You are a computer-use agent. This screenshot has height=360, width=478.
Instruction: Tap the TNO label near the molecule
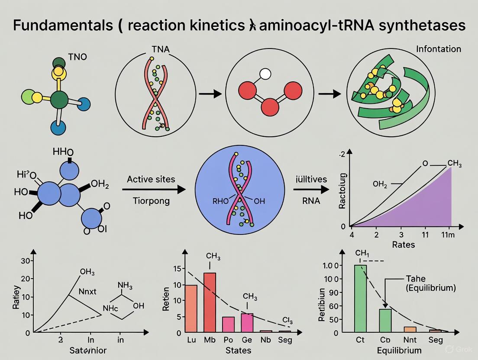coord(78,57)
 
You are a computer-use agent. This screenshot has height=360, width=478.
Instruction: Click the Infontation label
coord(438,49)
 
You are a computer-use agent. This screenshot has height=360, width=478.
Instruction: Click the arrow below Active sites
coord(153,190)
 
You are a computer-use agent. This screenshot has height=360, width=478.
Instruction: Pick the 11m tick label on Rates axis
coord(447,235)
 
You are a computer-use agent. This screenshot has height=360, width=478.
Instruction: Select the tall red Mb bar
coord(210,302)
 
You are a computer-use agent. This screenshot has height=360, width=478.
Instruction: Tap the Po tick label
coord(228,340)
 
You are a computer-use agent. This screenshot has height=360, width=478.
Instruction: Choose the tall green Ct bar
coord(360,299)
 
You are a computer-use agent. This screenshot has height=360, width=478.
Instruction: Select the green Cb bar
coord(385,321)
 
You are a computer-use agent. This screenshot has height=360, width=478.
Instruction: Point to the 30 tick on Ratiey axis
coord(24,261)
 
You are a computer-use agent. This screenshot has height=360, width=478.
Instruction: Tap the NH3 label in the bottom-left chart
coord(125,286)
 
